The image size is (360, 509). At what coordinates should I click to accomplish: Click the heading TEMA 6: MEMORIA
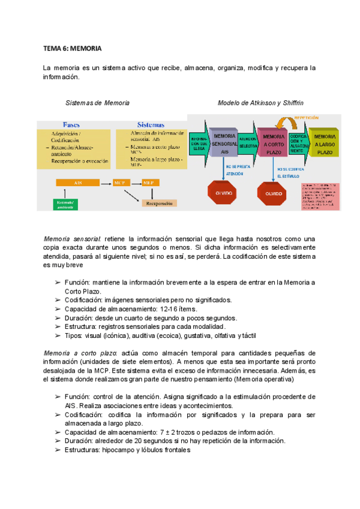pyautogui.click(x=71, y=47)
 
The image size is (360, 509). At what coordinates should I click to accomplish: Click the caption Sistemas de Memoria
pyautogui.click(x=97, y=103)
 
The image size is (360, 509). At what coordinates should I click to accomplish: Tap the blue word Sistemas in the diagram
pyautogui.click(x=152, y=125)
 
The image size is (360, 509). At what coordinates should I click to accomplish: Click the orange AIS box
pyautogui.click(x=78, y=182)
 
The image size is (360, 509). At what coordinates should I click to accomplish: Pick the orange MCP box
pyautogui.click(x=121, y=182)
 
